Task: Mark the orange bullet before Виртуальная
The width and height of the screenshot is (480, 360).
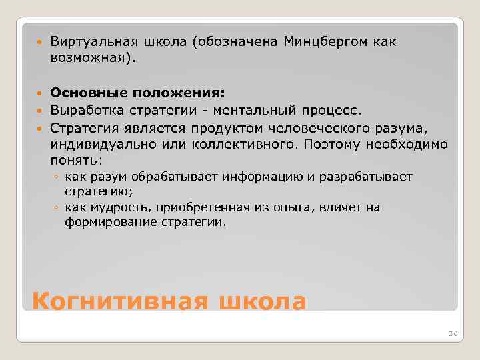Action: click(x=39, y=42)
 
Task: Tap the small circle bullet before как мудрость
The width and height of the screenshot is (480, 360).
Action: click(x=58, y=207)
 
